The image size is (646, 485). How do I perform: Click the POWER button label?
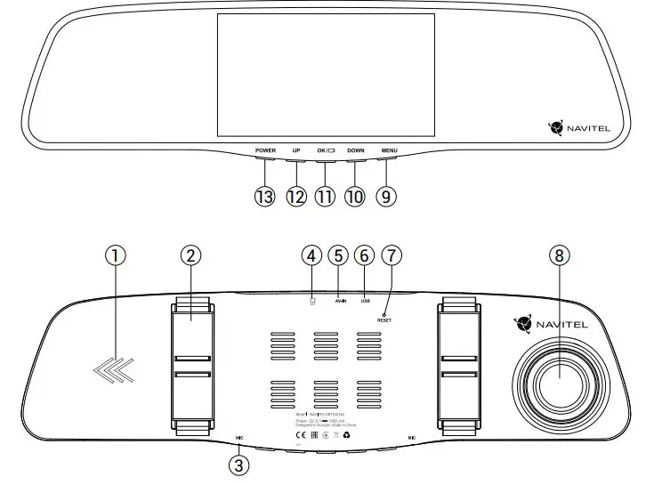coord(265,150)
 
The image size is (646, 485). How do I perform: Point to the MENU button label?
coord(389,150)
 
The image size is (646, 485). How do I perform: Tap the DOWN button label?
coord(356,150)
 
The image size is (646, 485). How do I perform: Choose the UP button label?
coord(296,150)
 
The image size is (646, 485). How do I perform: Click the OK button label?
coord(326,150)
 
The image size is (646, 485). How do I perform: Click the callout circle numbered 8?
coord(559,255)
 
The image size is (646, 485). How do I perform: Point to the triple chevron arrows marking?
coord(113,367)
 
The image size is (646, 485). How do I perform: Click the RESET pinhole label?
coord(384,319)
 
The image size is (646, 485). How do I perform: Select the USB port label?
coord(365,302)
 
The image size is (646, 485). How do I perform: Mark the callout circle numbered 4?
coord(311,255)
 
